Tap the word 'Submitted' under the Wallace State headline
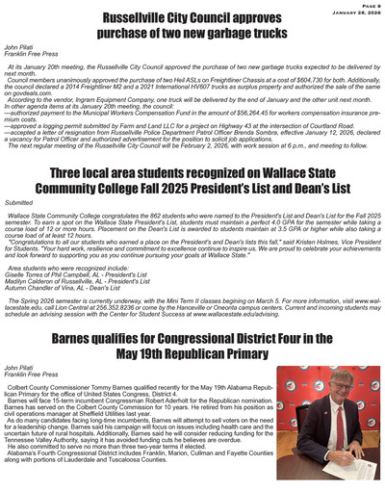(x=19, y=203)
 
